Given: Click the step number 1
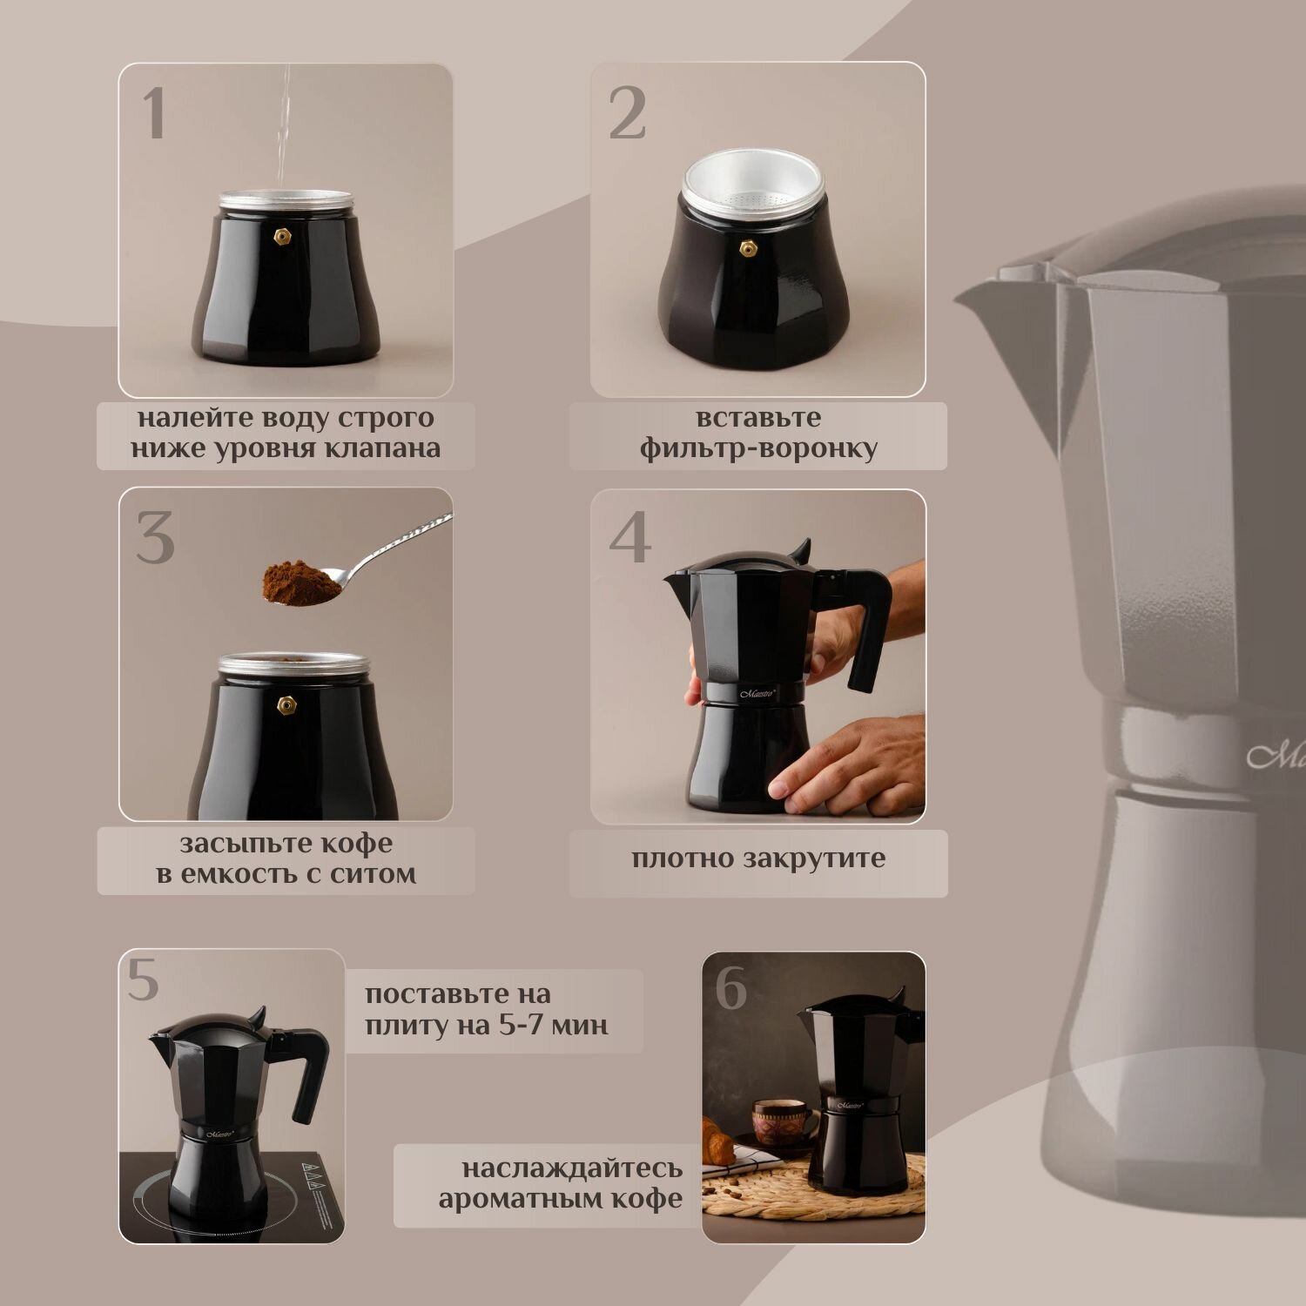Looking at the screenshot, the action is tap(154, 113).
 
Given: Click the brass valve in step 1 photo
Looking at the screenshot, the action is tap(282, 237).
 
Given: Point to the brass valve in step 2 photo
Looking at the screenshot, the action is tap(747, 250).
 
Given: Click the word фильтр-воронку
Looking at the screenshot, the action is tap(758, 449).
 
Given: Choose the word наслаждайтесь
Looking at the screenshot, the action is tap(572, 1168).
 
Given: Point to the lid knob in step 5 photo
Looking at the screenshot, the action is tap(256, 1016).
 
